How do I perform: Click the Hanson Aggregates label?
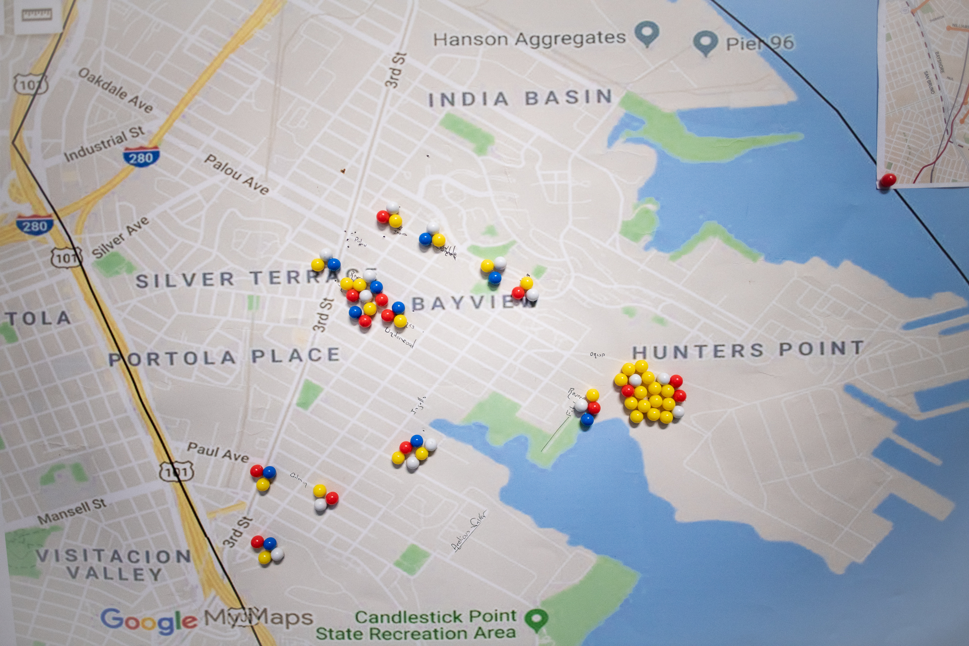529,39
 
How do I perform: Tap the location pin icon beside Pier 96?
705,42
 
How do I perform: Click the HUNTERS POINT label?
748,349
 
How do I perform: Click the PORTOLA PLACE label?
225,357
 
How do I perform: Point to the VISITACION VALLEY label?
114,565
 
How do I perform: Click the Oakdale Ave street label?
116,90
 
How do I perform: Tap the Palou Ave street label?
236,174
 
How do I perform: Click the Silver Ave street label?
121,237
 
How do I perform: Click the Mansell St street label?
72,511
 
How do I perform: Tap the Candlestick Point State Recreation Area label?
416,625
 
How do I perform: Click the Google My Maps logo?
206,619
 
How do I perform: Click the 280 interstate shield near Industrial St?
141,157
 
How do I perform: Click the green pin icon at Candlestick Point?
536,619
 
